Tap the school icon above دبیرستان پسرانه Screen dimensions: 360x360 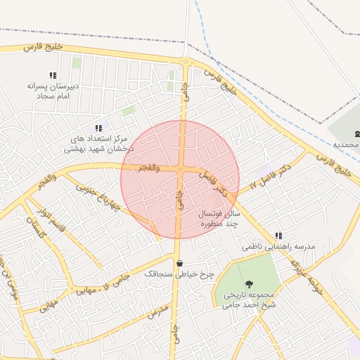[x=52, y=75]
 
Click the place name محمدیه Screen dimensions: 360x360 [x=346, y=144]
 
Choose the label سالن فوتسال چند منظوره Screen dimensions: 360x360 [x=219, y=218]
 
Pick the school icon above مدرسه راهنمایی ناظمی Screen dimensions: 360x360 [x=279, y=236]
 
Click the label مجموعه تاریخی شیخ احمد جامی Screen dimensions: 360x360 [x=250, y=301]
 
